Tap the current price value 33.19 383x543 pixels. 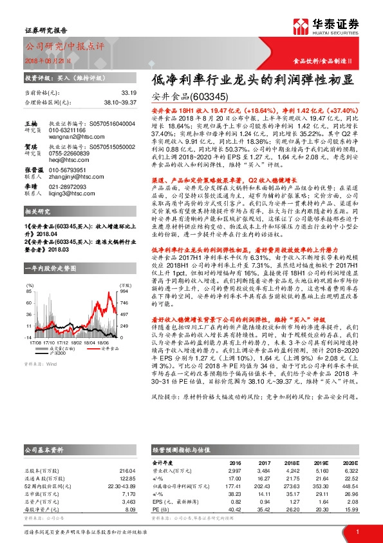click(x=129, y=93)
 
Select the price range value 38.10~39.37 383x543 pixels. click(x=120, y=102)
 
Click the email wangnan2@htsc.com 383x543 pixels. click(x=69, y=136)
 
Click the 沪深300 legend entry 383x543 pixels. click(x=59, y=353)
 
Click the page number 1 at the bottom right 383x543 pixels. click(x=357, y=531)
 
